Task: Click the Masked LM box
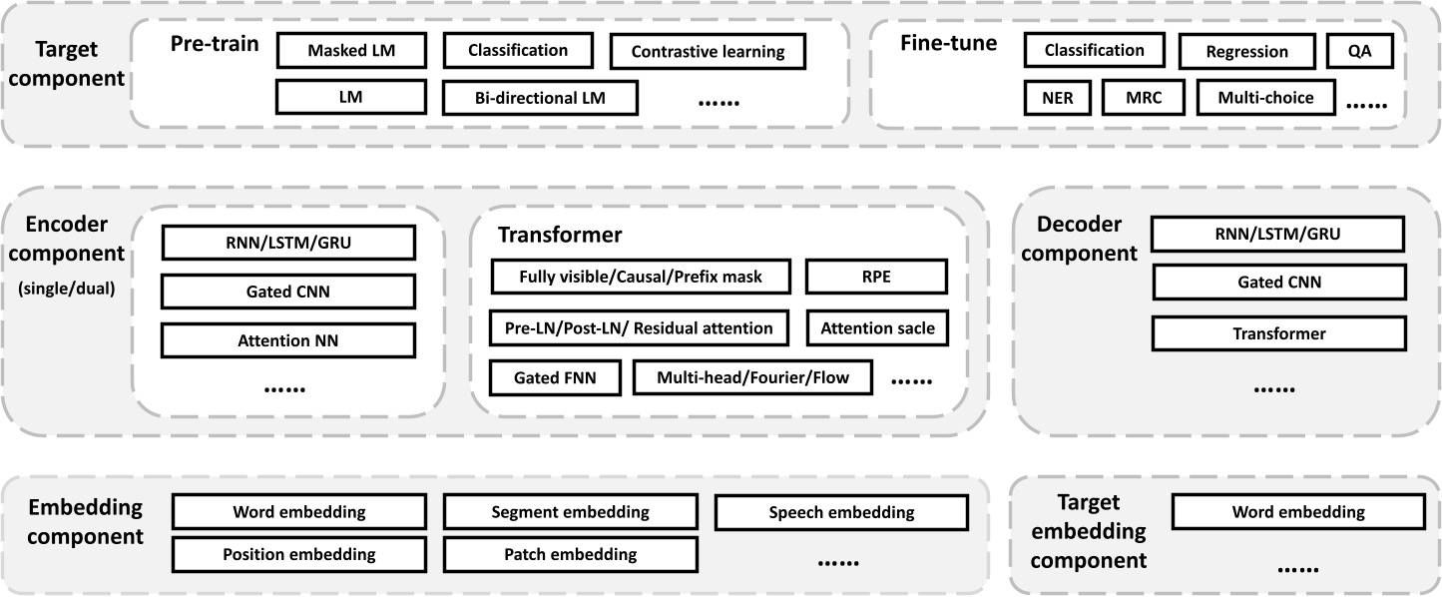point(351,50)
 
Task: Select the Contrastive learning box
point(709,52)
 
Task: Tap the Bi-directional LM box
point(540,97)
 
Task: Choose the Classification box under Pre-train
point(518,50)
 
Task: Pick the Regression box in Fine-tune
point(1246,51)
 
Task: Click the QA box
point(1358,51)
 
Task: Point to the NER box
point(1057,98)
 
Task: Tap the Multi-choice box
point(1265,98)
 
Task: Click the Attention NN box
point(287,340)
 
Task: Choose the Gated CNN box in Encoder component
point(287,292)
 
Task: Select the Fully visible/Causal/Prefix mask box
point(641,277)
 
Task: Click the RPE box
point(876,277)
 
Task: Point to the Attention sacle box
point(876,327)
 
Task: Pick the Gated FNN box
point(555,378)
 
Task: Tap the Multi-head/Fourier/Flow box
point(751,378)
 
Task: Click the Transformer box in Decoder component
point(1278,333)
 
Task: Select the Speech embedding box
point(841,512)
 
